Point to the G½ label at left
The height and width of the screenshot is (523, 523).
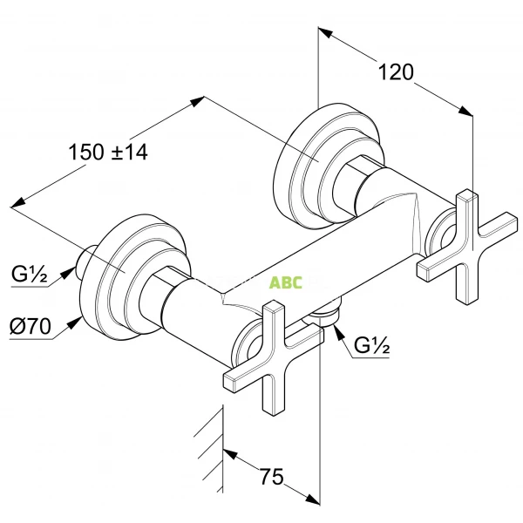coord(29,275)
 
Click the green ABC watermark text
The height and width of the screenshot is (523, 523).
coord(285,282)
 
